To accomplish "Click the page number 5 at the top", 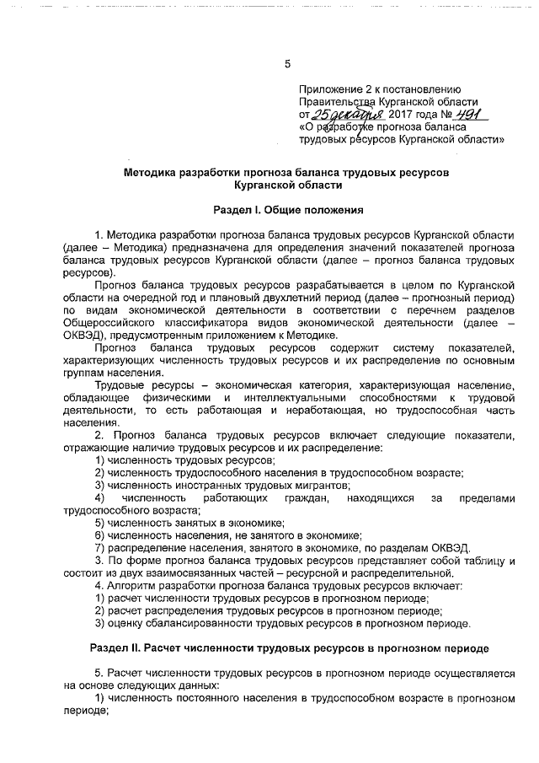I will [287, 64].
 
